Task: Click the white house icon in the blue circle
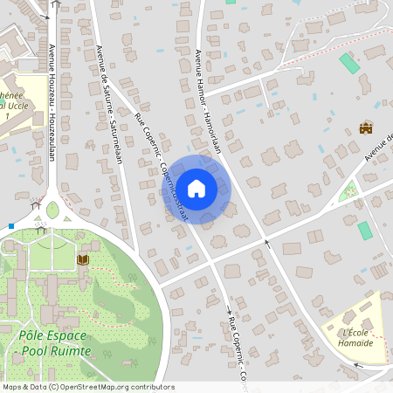pos(196,188)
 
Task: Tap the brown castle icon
pos(366,128)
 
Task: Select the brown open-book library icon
pos(83,259)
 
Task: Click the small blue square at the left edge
pos(11,225)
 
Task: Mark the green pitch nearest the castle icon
pos(349,63)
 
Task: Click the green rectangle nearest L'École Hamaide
pos(364,231)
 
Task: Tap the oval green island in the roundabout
pos(52,210)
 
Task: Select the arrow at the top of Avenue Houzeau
pos(56,5)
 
